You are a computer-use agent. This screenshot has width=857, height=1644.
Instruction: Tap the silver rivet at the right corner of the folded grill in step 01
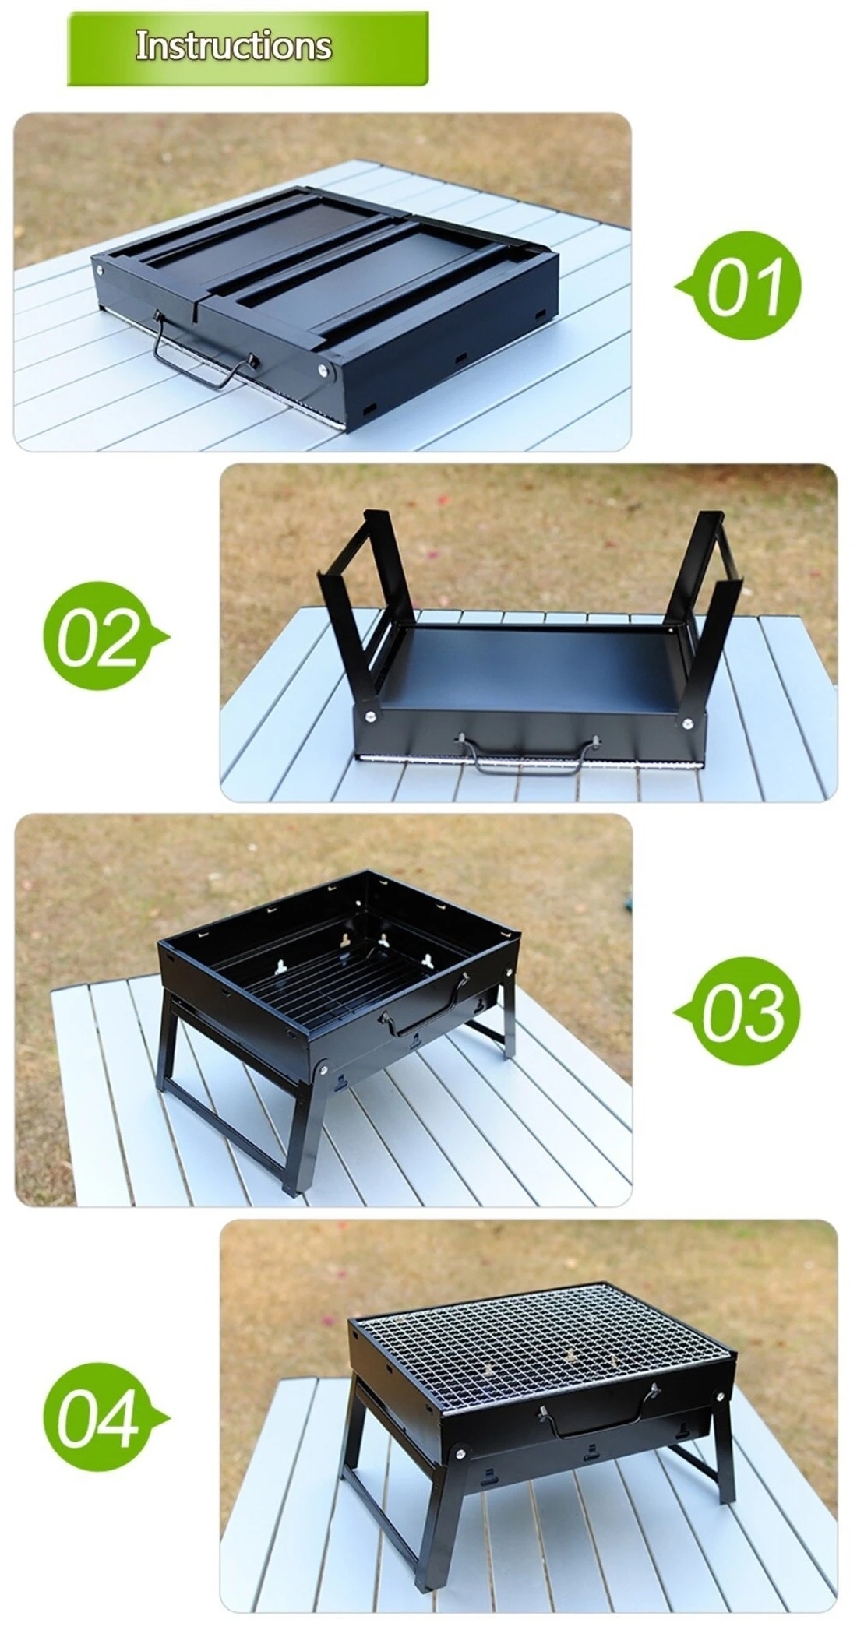pyautogui.click(x=323, y=371)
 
